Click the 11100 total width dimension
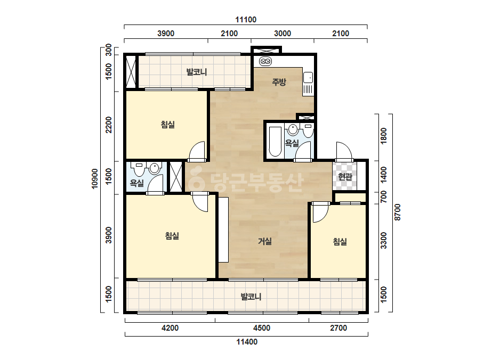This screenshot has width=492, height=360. point(246,20)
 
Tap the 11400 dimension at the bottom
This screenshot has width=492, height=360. point(247,342)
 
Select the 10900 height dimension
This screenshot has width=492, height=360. point(95,179)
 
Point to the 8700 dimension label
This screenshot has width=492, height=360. point(398,212)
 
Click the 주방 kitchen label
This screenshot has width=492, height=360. point(279,82)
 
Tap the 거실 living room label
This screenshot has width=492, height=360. point(264,241)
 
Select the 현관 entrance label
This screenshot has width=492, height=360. point(345,177)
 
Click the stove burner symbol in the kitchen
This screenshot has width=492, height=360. point(265,61)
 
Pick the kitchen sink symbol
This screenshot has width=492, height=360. point(308,77)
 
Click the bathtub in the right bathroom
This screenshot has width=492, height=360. point(275,141)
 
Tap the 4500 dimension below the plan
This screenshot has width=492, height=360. point(262,328)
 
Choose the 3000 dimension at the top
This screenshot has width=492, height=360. point(283,34)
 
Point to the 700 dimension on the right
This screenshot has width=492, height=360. point(384,197)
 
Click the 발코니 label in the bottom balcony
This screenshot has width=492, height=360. point(251,297)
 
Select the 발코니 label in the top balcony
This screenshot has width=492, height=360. point(197,72)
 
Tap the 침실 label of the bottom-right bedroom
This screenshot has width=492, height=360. point(340,242)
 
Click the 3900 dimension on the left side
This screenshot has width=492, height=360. point(109,235)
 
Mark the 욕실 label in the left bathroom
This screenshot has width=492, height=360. point(137,183)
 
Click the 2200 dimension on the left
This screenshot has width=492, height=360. point(109,125)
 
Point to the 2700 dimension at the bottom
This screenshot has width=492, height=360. point(338,328)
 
